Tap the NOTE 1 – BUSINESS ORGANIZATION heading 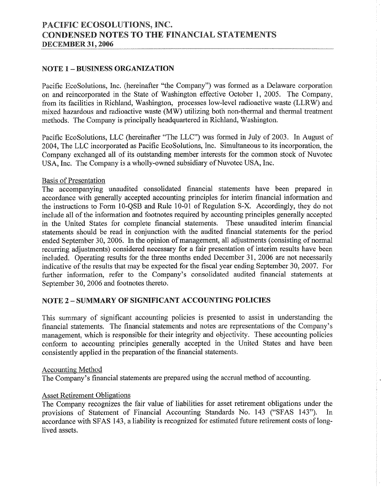108,69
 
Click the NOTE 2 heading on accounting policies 156,299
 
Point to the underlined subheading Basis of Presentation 73,180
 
